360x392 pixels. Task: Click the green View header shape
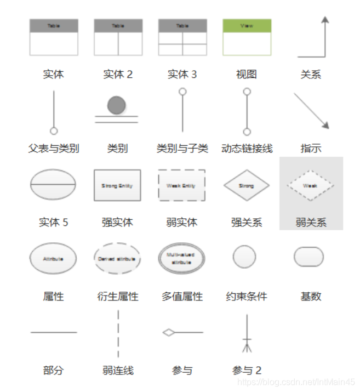247,26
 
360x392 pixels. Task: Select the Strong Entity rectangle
117,186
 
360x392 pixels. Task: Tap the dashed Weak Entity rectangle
181,186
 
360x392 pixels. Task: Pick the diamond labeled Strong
247,186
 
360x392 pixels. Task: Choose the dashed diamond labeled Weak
310,186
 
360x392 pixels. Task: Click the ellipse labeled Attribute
53,258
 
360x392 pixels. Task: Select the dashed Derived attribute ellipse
117,258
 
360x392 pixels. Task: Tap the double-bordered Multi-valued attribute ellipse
181,258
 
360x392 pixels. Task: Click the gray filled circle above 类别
116,105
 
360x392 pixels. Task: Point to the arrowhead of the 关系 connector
325,20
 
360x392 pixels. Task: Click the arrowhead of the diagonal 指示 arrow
325,126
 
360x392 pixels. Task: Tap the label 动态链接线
247,149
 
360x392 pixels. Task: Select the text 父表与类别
53,149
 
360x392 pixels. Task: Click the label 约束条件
247,297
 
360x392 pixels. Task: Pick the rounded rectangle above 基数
308,257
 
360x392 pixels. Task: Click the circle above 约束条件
244,257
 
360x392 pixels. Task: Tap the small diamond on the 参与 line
169,332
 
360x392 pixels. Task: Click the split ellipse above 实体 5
53,184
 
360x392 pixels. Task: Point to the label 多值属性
182,297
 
